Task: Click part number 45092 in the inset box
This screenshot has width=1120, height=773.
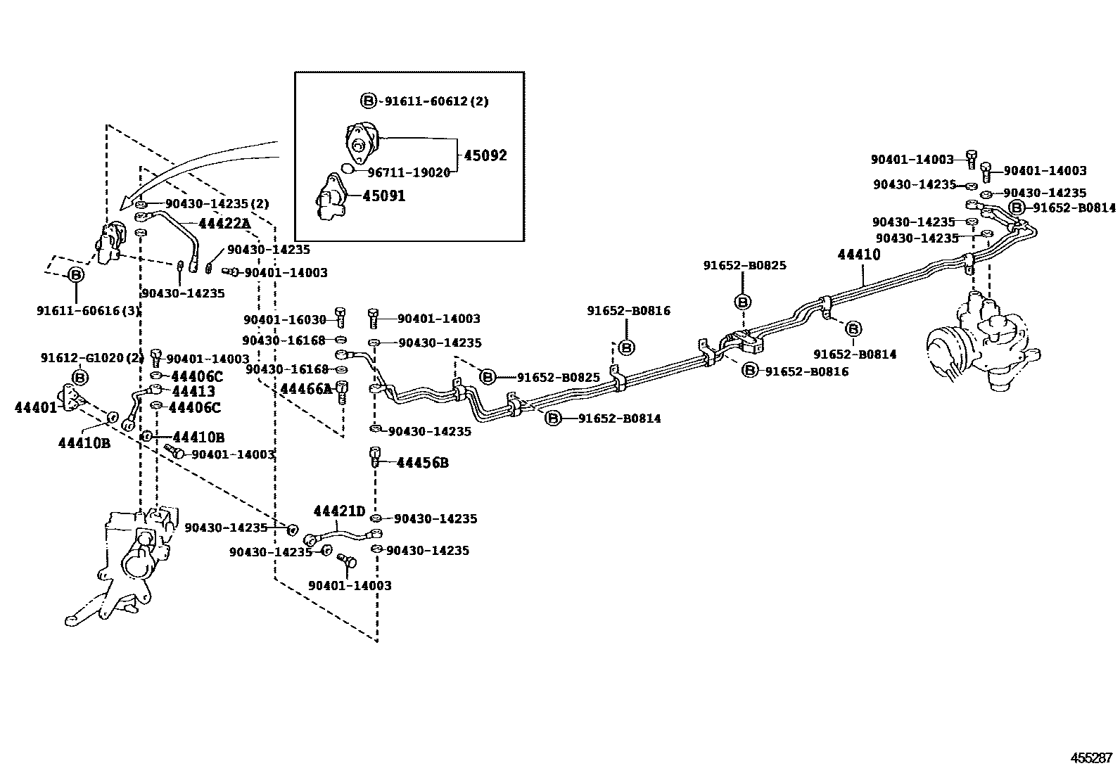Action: [x=484, y=155]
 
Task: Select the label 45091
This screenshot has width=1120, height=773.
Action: [x=383, y=196]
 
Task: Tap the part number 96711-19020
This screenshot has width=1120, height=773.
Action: [x=409, y=172]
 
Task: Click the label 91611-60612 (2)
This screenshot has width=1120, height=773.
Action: [x=435, y=101]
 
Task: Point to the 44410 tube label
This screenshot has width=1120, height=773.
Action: [x=858, y=255]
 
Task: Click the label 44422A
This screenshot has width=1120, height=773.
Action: [x=224, y=224]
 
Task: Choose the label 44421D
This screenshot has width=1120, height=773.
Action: [x=339, y=511]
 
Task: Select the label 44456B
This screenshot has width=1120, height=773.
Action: [x=422, y=463]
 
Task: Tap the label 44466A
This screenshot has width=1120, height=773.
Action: [x=305, y=389]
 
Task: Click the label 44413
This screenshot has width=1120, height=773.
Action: [x=193, y=391]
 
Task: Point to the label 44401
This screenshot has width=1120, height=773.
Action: [x=36, y=407]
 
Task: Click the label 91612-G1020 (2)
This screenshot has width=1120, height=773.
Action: [x=91, y=358]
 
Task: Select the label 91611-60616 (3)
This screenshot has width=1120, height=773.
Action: [x=89, y=310]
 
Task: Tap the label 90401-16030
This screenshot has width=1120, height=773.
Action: [x=285, y=319]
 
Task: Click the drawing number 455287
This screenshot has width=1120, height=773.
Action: [x=1091, y=758]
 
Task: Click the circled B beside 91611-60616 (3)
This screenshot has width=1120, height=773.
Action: [x=76, y=275]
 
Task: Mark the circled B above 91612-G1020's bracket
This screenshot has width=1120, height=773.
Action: [x=81, y=378]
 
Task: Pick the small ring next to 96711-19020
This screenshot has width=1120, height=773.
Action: [x=347, y=167]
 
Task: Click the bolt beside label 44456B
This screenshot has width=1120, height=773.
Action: [x=375, y=456]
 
